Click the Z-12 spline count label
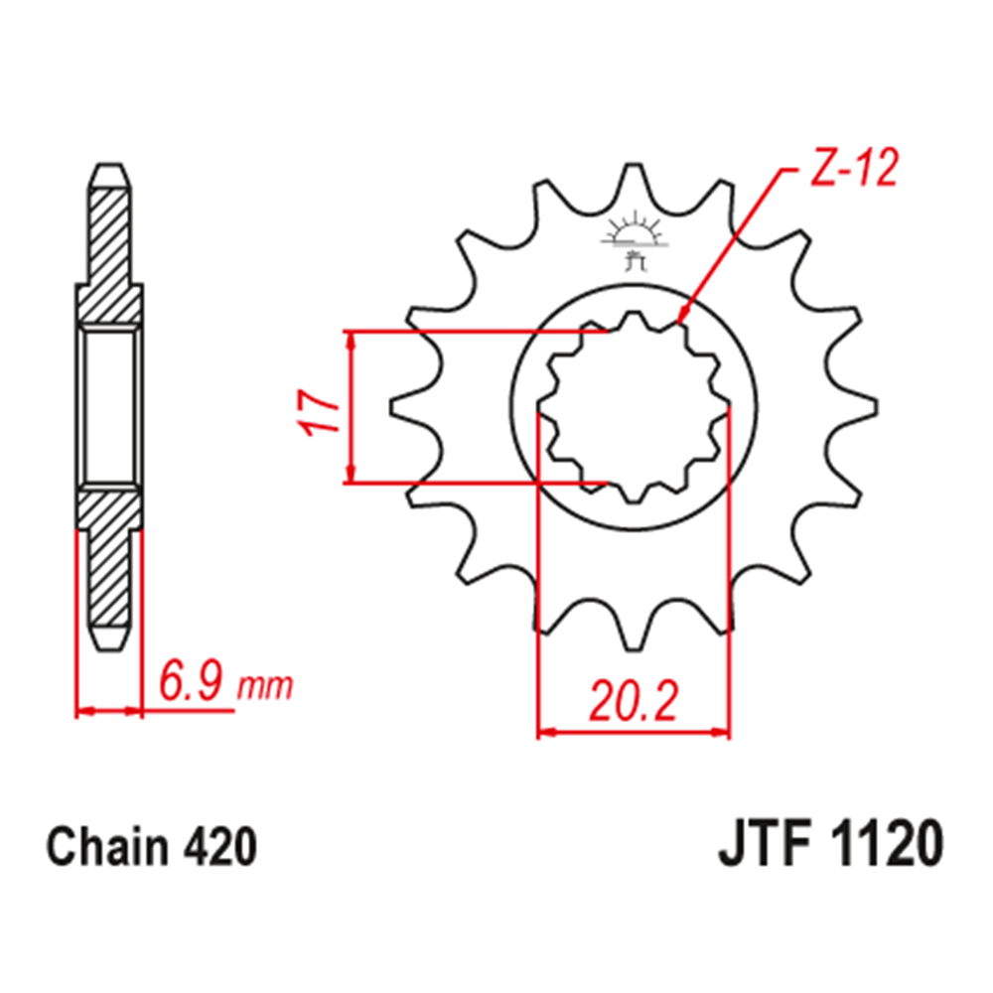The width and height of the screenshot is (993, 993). click(x=854, y=169)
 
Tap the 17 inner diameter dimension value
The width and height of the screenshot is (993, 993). click(x=320, y=413)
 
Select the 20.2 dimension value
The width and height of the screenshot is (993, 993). click(x=634, y=701)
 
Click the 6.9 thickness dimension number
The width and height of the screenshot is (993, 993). click(x=192, y=679)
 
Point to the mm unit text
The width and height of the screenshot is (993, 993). click(x=265, y=685)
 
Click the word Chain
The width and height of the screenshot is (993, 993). click(x=107, y=846)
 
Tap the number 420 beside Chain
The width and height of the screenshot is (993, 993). click(x=219, y=846)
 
